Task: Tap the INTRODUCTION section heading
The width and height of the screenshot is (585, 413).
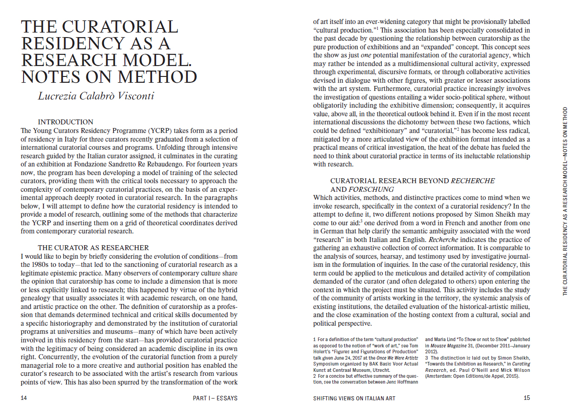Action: (66, 122)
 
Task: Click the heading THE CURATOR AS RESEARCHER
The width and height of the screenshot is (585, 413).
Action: (93, 247)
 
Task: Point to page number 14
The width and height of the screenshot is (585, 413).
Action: (24, 398)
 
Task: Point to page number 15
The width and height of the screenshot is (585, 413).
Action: (527, 398)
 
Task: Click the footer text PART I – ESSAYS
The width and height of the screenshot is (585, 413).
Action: (215, 398)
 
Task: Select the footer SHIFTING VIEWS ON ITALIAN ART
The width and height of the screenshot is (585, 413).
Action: (354, 398)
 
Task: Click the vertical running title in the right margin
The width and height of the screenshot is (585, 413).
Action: (565, 201)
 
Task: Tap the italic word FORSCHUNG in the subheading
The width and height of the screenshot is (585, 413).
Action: (371, 189)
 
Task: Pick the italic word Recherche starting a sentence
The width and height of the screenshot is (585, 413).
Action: (443, 239)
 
